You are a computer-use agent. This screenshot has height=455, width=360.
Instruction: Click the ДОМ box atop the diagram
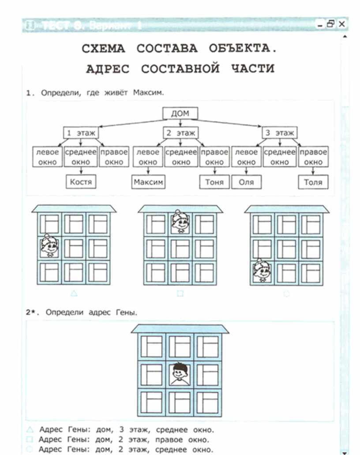pos(180,113)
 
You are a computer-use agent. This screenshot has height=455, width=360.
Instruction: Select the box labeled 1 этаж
pos(81,132)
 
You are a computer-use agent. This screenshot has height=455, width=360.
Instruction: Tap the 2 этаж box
pos(180,132)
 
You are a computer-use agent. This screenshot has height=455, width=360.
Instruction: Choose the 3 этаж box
pos(280,132)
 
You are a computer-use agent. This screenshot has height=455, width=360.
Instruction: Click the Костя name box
pos(81,181)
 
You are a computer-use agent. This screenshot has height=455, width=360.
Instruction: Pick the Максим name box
pos(148,181)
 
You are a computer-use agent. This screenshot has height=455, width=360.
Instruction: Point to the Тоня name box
pos(214,181)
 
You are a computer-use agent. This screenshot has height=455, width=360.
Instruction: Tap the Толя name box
pos(313,181)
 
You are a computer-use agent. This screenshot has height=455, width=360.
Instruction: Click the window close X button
pos(341,25)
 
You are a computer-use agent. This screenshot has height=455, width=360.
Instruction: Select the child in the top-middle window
pos(180,221)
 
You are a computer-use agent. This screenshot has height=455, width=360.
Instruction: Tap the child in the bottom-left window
pos(261,271)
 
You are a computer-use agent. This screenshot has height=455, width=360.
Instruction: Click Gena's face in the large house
pos(180,373)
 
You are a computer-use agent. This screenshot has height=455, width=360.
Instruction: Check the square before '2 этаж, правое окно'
pos(30,440)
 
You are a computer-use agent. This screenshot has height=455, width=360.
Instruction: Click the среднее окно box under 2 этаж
pos(181,157)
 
